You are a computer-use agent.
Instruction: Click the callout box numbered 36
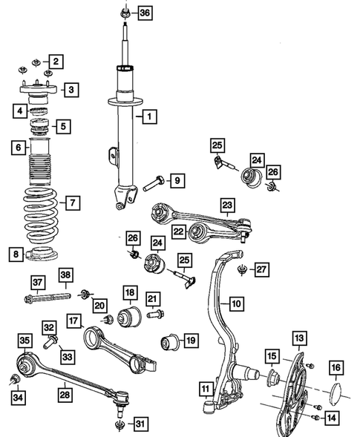pos(145,13)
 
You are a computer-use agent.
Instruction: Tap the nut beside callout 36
pos(125,13)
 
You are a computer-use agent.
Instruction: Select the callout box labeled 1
pos(150,116)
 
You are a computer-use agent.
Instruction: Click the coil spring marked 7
pos(41,215)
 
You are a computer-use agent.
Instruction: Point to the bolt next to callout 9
pos(153,183)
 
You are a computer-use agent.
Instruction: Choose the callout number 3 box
pos(71,90)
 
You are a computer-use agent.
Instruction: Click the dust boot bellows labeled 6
pos(40,162)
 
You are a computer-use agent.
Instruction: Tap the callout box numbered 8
pos(16,254)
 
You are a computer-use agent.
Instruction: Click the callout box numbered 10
pos(237,303)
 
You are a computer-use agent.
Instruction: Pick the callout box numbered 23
pos(227,205)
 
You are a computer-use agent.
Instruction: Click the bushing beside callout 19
pos(170,341)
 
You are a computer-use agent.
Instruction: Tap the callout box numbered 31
pos(140,424)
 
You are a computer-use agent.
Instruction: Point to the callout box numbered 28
pos(65,395)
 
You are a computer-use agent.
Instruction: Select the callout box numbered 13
pos(299,338)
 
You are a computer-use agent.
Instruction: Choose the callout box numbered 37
pos(38,283)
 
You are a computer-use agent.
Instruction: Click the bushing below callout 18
pos(129,318)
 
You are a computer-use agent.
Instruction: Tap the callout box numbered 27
pos(261,269)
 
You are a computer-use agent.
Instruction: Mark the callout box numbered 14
pos(332,418)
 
